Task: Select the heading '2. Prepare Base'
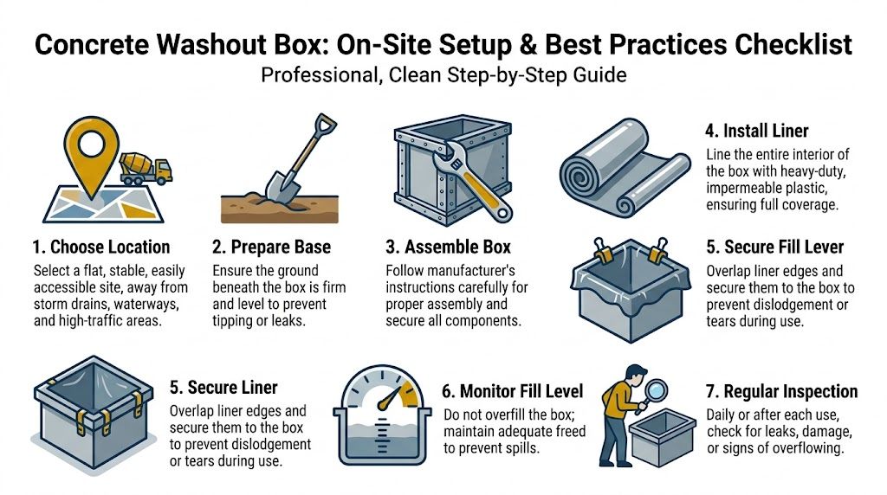[x=273, y=247]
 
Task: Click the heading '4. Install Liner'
[x=757, y=132]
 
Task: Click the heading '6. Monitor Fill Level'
[x=513, y=390]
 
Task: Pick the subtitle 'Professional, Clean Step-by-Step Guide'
[x=443, y=75]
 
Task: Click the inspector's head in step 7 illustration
[x=635, y=375]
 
